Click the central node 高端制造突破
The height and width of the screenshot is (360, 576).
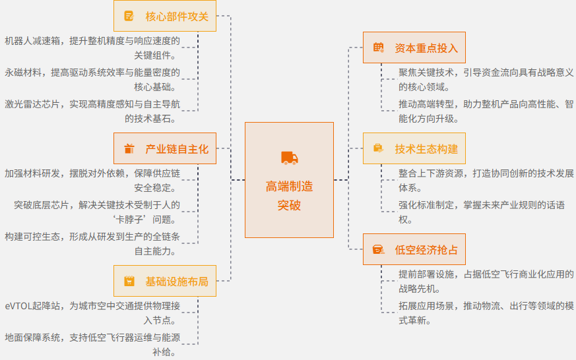click(x=289, y=180)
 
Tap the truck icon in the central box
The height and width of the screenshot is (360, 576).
click(x=289, y=158)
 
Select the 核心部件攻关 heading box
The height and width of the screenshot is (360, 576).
click(x=164, y=16)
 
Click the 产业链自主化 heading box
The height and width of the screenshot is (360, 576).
click(x=164, y=149)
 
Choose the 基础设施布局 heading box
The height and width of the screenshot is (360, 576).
click(x=164, y=282)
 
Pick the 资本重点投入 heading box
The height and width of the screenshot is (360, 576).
click(x=414, y=48)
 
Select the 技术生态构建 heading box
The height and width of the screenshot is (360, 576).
click(x=414, y=148)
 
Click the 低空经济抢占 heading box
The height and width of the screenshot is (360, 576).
click(x=414, y=249)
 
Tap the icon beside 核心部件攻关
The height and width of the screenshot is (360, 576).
click(x=129, y=16)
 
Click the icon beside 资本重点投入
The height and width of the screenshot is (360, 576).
click(x=378, y=48)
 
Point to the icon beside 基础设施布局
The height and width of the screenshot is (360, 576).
click(x=129, y=282)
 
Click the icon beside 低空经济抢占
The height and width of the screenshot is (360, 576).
click(x=378, y=249)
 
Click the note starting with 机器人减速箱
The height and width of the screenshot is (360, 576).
click(x=92, y=48)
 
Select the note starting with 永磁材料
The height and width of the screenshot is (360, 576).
click(x=92, y=80)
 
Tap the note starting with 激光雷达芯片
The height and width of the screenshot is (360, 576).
click(x=92, y=111)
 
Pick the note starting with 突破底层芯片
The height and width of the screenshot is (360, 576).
click(x=97, y=212)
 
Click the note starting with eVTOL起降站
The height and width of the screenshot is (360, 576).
click(x=92, y=313)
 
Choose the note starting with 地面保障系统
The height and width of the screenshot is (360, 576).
click(x=92, y=345)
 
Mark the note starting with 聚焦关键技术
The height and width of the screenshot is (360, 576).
click(x=486, y=80)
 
